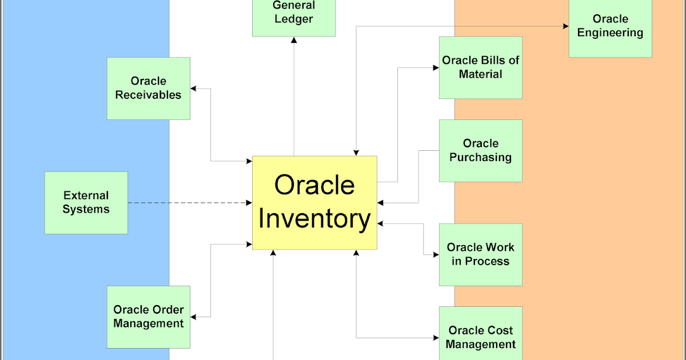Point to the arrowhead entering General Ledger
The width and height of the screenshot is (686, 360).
click(294, 40)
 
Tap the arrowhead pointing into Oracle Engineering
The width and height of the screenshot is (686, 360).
click(565, 26)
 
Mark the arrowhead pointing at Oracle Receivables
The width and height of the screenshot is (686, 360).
click(194, 89)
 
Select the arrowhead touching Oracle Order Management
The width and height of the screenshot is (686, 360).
click(194, 317)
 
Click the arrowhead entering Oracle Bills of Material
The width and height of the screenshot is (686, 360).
click(436, 67)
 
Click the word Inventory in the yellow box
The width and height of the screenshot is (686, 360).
click(314, 219)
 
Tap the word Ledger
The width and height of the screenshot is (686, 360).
click(294, 19)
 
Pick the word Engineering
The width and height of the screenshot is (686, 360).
click(610, 33)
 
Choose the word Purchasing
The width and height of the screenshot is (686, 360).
click(480, 157)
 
